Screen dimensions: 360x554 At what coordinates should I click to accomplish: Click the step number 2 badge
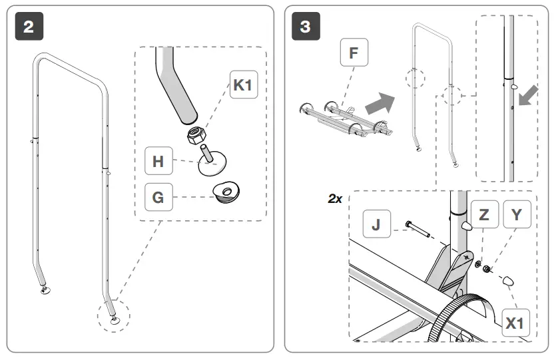pos(28,27)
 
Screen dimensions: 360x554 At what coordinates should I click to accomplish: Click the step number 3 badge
pos(305,27)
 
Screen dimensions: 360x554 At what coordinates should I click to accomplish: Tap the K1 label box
pos(244,87)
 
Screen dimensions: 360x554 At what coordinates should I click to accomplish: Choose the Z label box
pos(483,214)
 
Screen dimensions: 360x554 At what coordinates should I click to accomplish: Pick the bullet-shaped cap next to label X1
pos(509,279)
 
